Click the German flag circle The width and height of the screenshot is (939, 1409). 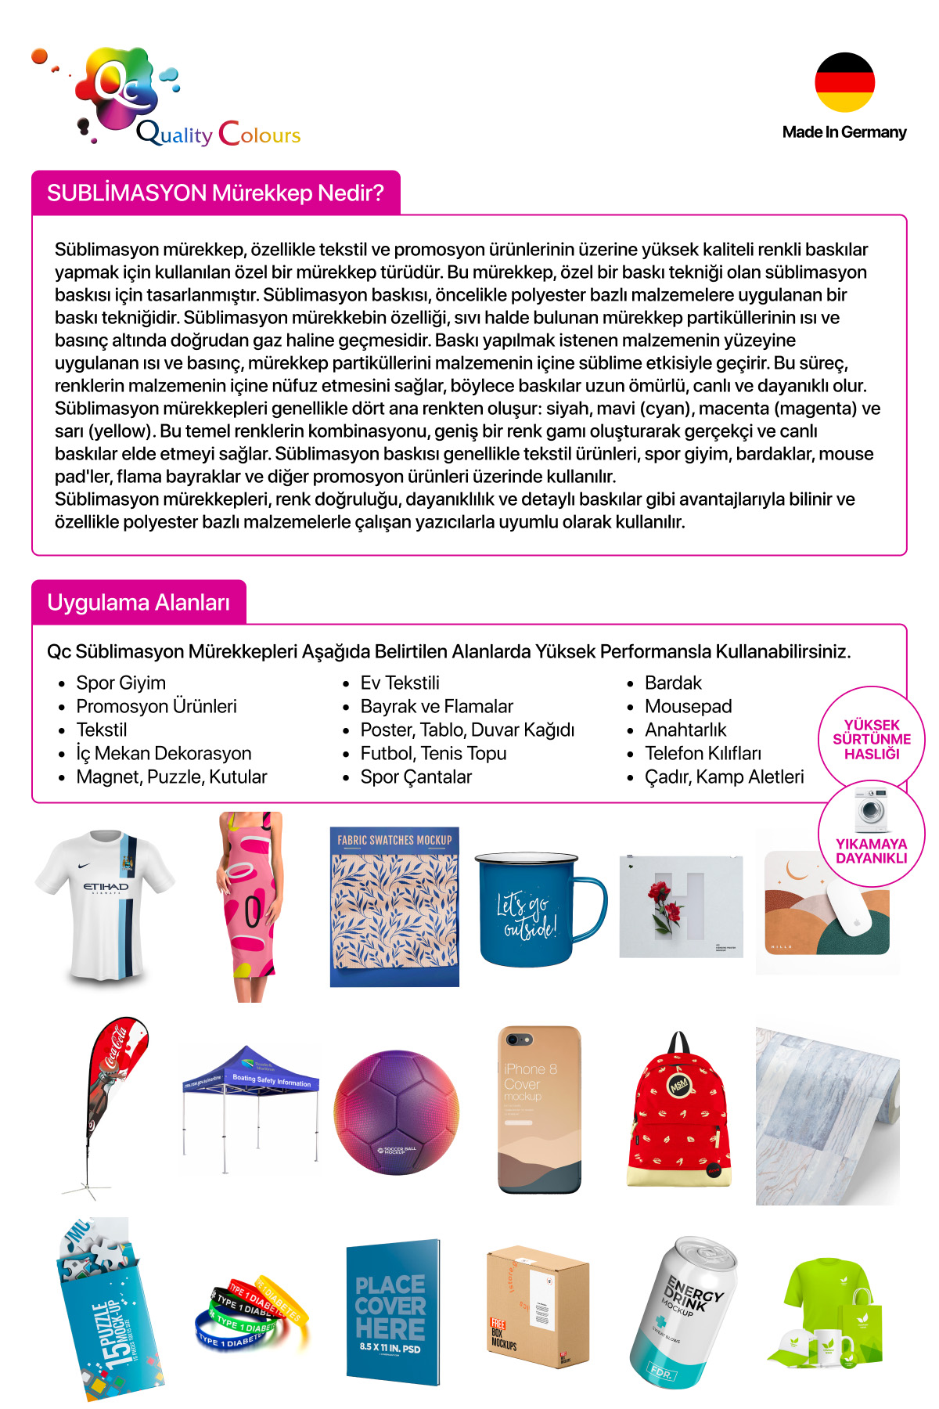pyautogui.click(x=844, y=82)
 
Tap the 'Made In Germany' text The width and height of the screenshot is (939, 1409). pyautogui.click(x=844, y=132)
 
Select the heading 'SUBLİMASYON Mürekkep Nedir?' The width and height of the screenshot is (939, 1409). pyautogui.click(x=215, y=193)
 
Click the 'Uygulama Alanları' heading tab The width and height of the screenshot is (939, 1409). pyautogui.click(x=139, y=602)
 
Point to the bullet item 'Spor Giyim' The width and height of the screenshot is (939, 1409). pyautogui.click(x=121, y=683)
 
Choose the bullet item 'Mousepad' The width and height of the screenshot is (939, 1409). pyautogui.click(x=688, y=706)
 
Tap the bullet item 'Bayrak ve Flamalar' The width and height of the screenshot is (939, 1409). pyautogui.click(x=436, y=706)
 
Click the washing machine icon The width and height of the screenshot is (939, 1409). pyautogui.click(x=871, y=810)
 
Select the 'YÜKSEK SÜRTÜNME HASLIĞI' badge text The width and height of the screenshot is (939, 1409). pyautogui.click(x=872, y=739)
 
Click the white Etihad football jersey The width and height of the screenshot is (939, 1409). pyautogui.click(x=105, y=904)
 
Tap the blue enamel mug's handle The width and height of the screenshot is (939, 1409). pyautogui.click(x=593, y=908)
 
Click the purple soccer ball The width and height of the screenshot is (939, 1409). pyautogui.click(x=396, y=1112)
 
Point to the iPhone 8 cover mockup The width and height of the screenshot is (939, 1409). pyautogui.click(x=539, y=1109)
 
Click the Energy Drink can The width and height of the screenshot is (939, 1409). pyautogui.click(x=683, y=1311)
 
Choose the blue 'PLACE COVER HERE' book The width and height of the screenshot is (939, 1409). pyautogui.click(x=392, y=1311)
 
